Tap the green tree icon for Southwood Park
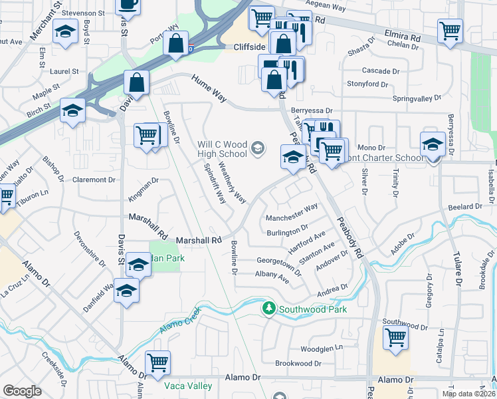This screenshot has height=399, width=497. click(268, 309)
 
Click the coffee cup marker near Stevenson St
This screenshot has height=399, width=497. click(128, 5)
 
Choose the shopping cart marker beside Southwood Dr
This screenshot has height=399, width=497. click(396, 338)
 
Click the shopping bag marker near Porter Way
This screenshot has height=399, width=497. click(176, 45)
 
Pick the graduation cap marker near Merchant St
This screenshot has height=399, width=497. click(65, 32)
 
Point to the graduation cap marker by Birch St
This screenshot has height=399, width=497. click(73, 111)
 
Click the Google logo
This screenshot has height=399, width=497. click(22, 391)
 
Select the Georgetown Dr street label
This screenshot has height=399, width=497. click(279, 263)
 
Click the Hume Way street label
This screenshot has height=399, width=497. click(210, 88)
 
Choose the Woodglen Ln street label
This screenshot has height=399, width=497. click(321, 348)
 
